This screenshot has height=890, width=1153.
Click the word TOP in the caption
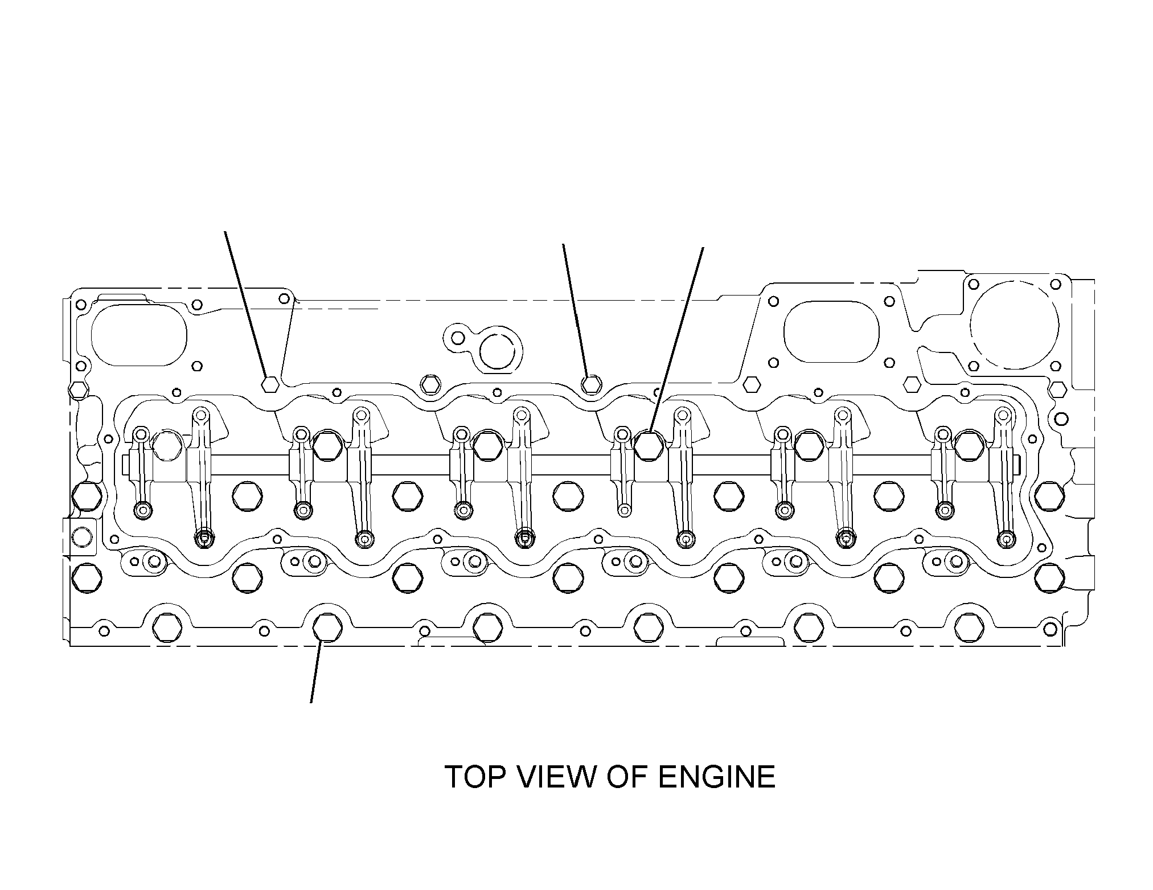(x=471, y=777)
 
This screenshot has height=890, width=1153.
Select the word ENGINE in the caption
(x=717, y=777)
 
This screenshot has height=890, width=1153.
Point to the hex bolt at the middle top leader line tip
(x=592, y=384)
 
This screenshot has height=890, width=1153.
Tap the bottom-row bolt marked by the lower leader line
(x=327, y=627)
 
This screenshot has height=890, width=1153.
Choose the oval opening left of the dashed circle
(x=831, y=331)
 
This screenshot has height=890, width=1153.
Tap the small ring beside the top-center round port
(x=458, y=339)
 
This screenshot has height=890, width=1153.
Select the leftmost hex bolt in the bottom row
(x=167, y=627)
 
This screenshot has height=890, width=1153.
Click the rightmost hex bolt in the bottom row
(x=969, y=627)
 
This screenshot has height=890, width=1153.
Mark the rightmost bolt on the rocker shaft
(x=969, y=445)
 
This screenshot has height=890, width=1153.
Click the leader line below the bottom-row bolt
(x=317, y=672)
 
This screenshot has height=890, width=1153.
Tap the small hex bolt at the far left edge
(x=77, y=390)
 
